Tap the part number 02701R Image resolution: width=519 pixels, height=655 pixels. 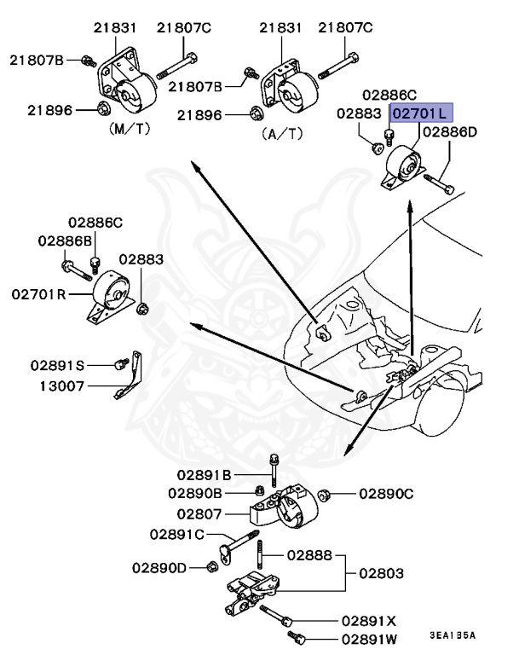[x=39, y=294]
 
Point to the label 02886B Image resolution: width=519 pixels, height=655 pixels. [x=64, y=241]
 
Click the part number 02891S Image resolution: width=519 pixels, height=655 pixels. [x=58, y=365]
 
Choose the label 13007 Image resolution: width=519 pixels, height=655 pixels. [x=62, y=385]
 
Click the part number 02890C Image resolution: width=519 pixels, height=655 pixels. [x=386, y=493]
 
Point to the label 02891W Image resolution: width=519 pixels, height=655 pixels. [x=369, y=638]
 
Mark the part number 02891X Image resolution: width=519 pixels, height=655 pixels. [x=369, y=620]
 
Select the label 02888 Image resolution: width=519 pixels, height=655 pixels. [x=309, y=554]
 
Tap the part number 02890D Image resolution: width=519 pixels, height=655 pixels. [x=160, y=566]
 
